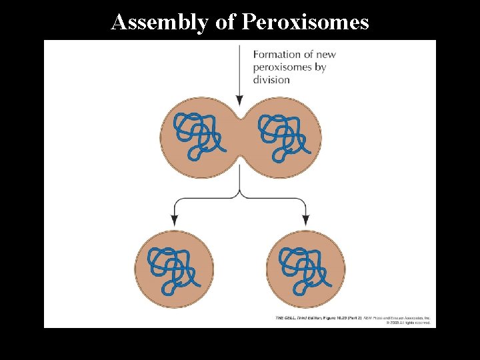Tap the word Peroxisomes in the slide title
pyautogui.click(x=305, y=22)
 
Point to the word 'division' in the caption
pyautogui.click(x=271, y=80)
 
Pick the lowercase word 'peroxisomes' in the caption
pyautogui.click(x=283, y=67)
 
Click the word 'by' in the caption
pyautogui.click(x=320, y=67)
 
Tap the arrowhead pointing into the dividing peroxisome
pyautogui.click(x=239, y=100)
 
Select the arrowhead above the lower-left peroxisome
pyautogui.click(x=174, y=219)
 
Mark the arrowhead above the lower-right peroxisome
pyautogui.click(x=306, y=219)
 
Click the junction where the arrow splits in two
pyautogui.click(x=239, y=195)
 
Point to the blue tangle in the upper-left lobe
pyautogui.click(x=197, y=136)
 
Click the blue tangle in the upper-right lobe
pyautogui.click(x=282, y=136)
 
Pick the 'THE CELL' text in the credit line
pyautogui.click(x=287, y=318)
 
